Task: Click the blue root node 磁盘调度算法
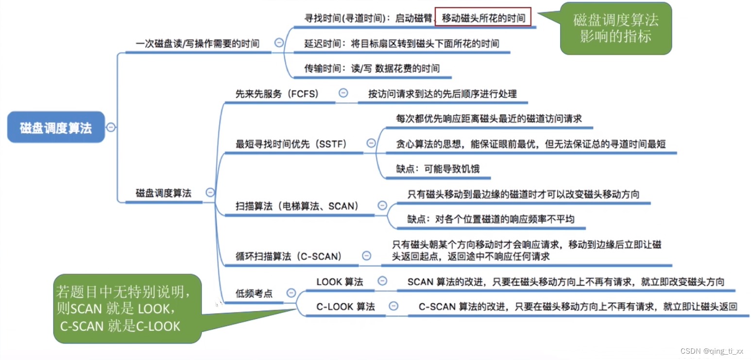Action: tap(56, 127)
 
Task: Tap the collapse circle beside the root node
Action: tap(111, 127)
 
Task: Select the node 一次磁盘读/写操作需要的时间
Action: tap(197, 44)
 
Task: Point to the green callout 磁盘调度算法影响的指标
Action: tap(615, 28)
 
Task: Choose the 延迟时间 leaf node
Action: tap(401, 44)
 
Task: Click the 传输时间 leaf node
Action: tap(372, 69)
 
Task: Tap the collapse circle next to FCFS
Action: tap(343, 93)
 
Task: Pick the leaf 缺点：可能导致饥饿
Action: tap(437, 169)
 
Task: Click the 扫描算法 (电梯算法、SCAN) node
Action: tap(297, 206)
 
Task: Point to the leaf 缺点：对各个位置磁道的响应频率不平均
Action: tap(491, 219)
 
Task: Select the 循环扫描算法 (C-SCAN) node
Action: tap(289, 256)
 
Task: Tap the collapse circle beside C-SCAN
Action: tap(367, 256)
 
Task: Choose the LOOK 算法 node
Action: tap(340, 282)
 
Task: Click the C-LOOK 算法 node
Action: tap(345, 307)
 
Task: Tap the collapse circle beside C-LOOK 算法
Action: tap(394, 306)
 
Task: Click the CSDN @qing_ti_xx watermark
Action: tap(712, 351)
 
